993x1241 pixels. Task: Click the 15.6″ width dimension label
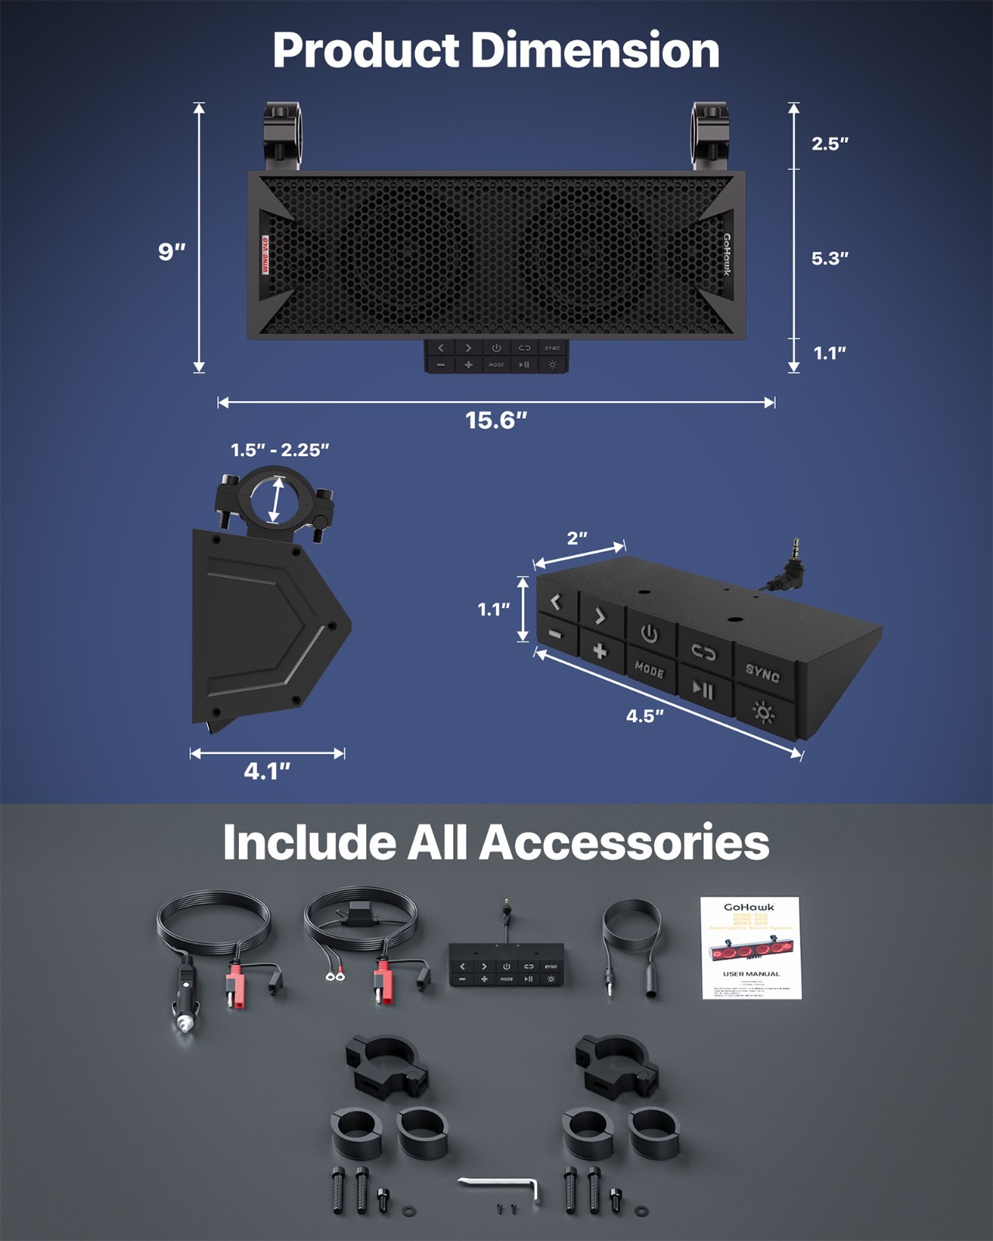[x=496, y=420]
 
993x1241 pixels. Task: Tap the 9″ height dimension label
[x=171, y=251]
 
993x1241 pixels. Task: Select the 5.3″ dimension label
[x=829, y=258]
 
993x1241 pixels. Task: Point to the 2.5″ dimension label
[x=829, y=143]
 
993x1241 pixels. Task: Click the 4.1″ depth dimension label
[x=267, y=771]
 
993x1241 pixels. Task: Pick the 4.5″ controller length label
[x=645, y=716]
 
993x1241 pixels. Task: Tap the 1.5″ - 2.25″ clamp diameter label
[x=279, y=450]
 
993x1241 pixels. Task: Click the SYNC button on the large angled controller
[x=762, y=673]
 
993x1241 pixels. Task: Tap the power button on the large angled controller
[x=649, y=634]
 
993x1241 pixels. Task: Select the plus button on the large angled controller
[x=599, y=651]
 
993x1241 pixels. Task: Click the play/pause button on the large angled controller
[x=703, y=689]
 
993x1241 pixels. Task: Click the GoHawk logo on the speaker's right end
[x=727, y=254]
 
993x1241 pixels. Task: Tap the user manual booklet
[x=750, y=947]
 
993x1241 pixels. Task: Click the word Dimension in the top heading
[x=595, y=50]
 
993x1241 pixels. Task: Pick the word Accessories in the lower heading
[x=625, y=842]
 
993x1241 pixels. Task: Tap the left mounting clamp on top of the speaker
[x=282, y=136]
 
